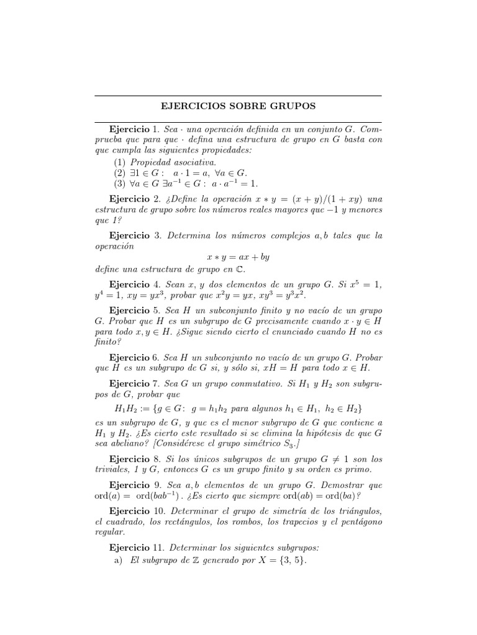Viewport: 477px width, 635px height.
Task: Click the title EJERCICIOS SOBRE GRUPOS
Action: pyautogui.click(x=238, y=106)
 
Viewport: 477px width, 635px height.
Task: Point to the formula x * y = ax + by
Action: pyautogui.click(x=238, y=257)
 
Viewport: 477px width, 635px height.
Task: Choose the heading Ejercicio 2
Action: pyautogui.click(x=135, y=200)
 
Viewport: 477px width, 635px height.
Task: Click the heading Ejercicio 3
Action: pyautogui.click(x=135, y=236)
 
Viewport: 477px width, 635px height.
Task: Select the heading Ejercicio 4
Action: pyautogui.click(x=135, y=285)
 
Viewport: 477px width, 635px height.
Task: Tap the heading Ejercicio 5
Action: pyautogui.click(x=135, y=309)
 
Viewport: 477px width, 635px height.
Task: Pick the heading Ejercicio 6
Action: pyautogui.click(x=135, y=358)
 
